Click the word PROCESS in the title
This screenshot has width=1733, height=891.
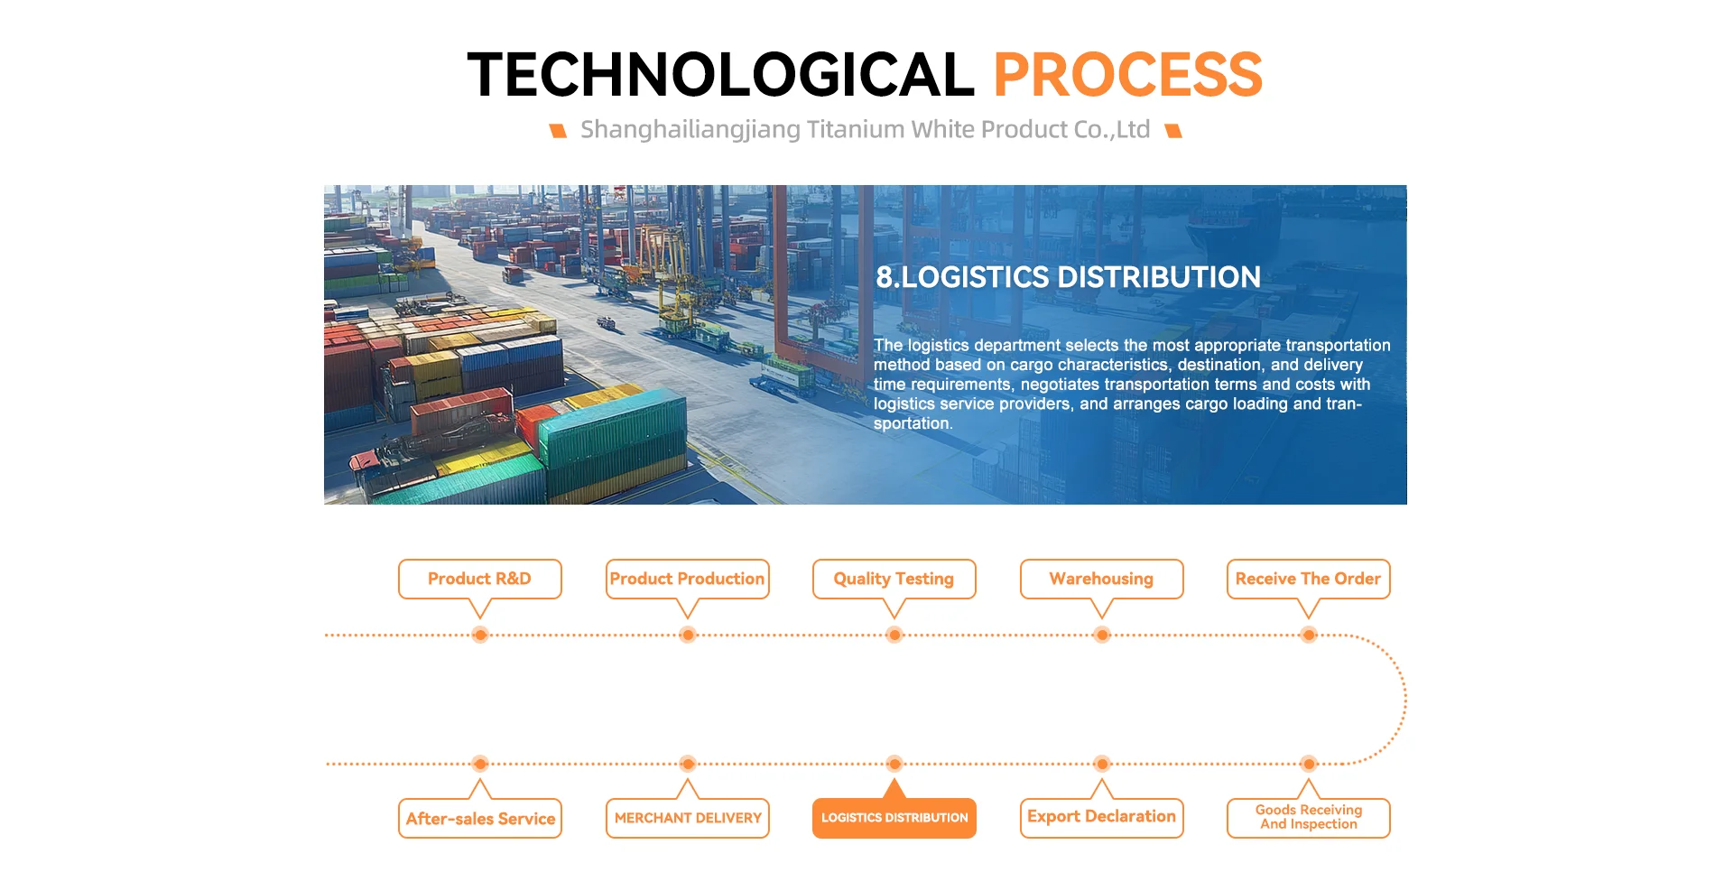pyautogui.click(x=1127, y=74)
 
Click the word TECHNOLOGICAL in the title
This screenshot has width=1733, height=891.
pyautogui.click(x=720, y=74)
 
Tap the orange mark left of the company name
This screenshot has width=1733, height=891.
pyautogui.click(x=558, y=131)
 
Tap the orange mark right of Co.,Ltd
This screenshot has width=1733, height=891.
pyautogui.click(x=1173, y=131)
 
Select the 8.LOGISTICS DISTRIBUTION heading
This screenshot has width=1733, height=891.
pyautogui.click(x=1068, y=277)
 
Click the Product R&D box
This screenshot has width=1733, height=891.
pyautogui.click(x=480, y=579)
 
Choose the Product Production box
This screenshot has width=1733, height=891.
pyautogui.click(x=688, y=579)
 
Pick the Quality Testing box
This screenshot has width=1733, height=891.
pyautogui.click(x=894, y=579)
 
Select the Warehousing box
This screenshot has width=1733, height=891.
pyautogui.click(x=1102, y=579)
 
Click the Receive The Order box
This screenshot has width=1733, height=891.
pyautogui.click(x=1309, y=579)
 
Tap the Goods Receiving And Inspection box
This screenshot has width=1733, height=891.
pyautogui.click(x=1309, y=818)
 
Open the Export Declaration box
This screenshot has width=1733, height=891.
pyautogui.click(x=1102, y=818)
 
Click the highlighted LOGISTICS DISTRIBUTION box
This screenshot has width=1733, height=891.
pyautogui.click(x=894, y=818)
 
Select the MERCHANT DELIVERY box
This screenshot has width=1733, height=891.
pyautogui.click(x=688, y=818)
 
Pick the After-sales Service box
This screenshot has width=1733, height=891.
pyautogui.click(x=480, y=818)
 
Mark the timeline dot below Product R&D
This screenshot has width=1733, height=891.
pyautogui.click(x=480, y=635)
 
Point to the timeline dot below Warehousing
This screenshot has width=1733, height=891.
pyautogui.click(x=1102, y=635)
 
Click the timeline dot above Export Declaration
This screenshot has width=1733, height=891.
pyautogui.click(x=1102, y=764)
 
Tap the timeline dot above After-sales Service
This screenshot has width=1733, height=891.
pyautogui.click(x=480, y=764)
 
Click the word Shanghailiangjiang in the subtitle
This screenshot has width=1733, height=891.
pyautogui.click(x=690, y=130)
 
